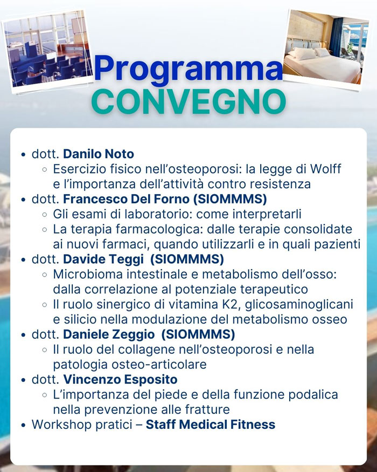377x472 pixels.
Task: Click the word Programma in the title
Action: click(188, 69)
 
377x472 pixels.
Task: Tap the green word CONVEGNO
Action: click(188, 101)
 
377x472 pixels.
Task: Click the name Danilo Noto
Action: click(99, 154)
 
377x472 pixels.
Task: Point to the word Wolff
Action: click(326, 169)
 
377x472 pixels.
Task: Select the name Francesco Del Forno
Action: click(126, 199)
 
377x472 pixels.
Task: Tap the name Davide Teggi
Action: click(103, 259)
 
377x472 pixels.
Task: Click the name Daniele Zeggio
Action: click(109, 334)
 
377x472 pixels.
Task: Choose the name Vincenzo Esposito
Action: click(120, 379)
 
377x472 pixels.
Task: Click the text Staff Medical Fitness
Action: click(211, 425)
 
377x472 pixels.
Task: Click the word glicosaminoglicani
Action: click(299, 305)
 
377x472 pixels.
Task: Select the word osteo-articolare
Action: click(159, 365)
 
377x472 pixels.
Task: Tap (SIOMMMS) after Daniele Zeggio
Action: click(198, 334)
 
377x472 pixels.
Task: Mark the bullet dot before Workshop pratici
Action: click(24, 426)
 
